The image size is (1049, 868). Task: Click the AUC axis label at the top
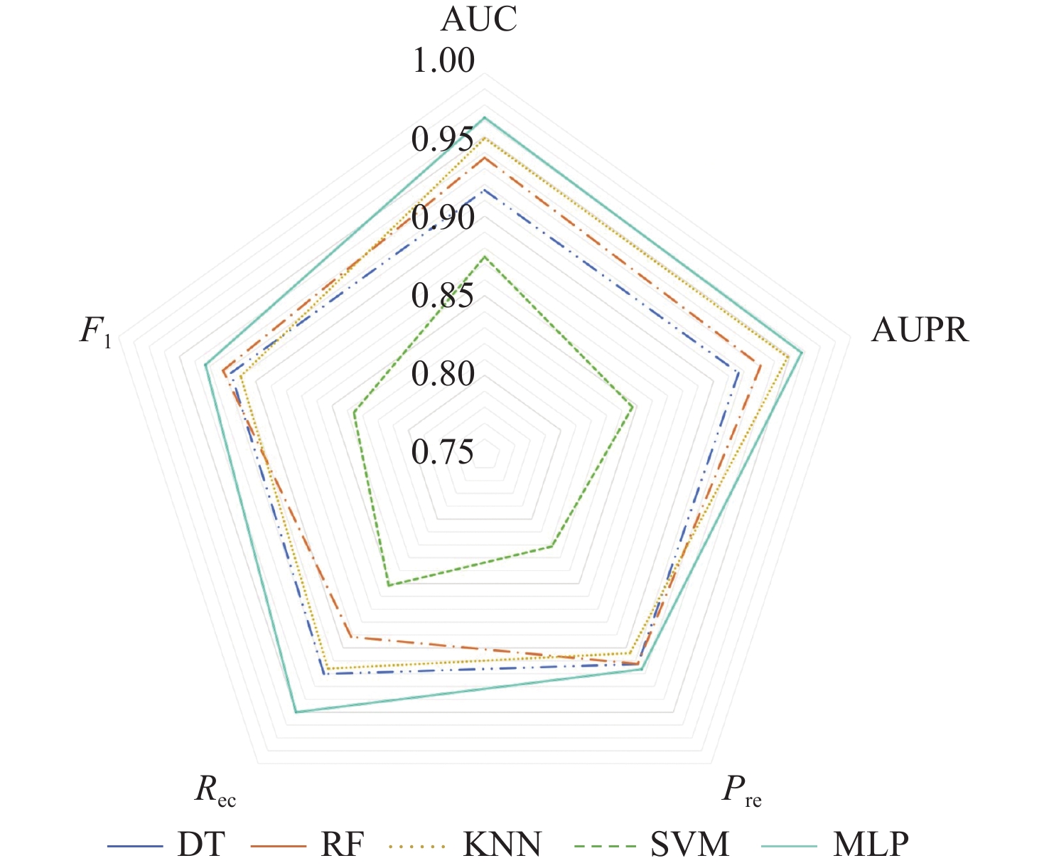click(479, 19)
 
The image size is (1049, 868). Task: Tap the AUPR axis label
click(920, 330)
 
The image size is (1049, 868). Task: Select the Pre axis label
click(741, 791)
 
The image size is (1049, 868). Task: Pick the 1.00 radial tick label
click(443, 61)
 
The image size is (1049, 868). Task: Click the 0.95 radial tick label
click(443, 140)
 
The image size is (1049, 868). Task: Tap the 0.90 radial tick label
click(443, 218)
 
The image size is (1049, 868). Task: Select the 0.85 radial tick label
click(443, 296)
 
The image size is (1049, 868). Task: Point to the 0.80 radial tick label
click(443, 374)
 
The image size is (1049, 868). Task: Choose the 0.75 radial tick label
click(443, 452)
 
